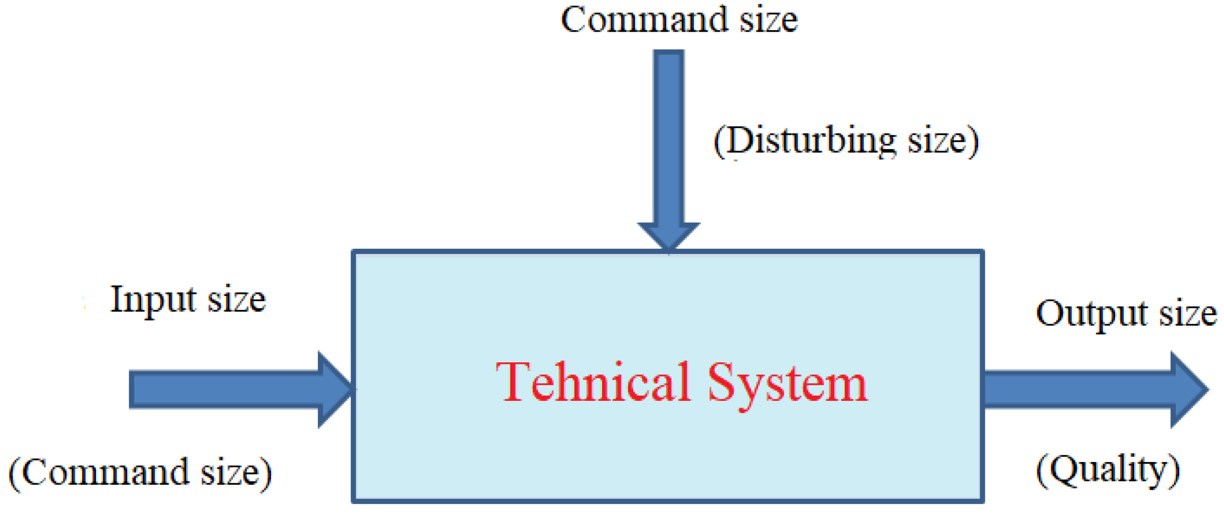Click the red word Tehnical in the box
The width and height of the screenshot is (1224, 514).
[x=593, y=383]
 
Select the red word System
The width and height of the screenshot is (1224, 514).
[x=787, y=384]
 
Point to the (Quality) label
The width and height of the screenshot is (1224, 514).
[x=1107, y=470]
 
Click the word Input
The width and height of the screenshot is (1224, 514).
[x=154, y=300]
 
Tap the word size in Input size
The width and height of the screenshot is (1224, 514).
[x=237, y=300]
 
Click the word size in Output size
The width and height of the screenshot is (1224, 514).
[x=1188, y=314]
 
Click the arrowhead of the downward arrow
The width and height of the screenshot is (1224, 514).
[x=669, y=236]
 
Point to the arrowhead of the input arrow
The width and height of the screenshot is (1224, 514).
[x=335, y=389]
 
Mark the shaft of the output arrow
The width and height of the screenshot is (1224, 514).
[x=1076, y=389]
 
